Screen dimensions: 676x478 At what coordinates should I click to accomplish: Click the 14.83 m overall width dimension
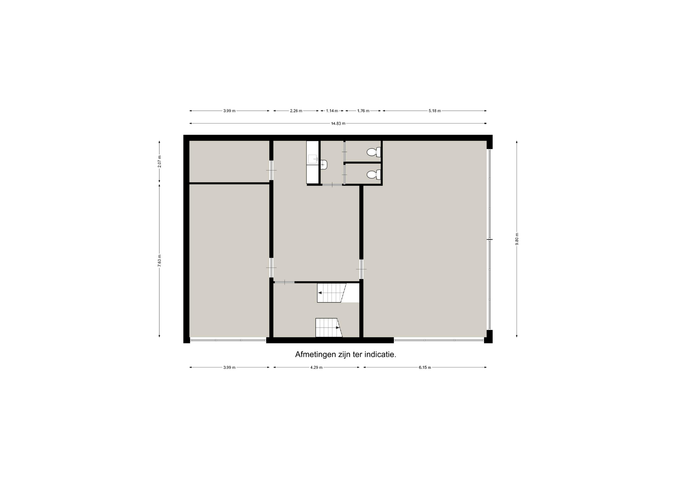[x=338, y=124]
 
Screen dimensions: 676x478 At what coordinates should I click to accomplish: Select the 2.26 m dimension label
[x=296, y=111]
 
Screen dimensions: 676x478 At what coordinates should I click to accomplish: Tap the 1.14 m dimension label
[x=332, y=111]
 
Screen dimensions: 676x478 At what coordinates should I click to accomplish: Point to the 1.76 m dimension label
[x=363, y=111]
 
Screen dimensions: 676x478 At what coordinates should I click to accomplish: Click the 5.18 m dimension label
[x=435, y=111]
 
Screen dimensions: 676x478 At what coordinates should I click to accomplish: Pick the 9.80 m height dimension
[x=517, y=239]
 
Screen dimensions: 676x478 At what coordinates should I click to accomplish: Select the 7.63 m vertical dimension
[x=159, y=260]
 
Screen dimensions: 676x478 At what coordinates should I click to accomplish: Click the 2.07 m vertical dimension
[x=159, y=162]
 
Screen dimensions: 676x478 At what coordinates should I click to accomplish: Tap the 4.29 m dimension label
[x=316, y=367]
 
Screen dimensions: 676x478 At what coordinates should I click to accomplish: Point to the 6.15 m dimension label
[x=425, y=367]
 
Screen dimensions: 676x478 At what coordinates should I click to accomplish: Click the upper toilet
[x=374, y=152]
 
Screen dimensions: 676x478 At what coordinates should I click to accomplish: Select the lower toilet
[x=374, y=175]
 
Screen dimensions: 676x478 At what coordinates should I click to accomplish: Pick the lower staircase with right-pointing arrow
[x=329, y=327]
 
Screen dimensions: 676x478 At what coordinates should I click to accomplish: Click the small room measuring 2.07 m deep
[x=229, y=162]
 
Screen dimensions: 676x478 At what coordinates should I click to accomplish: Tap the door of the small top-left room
[x=271, y=170]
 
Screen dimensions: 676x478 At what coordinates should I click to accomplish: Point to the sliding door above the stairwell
[x=284, y=282]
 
